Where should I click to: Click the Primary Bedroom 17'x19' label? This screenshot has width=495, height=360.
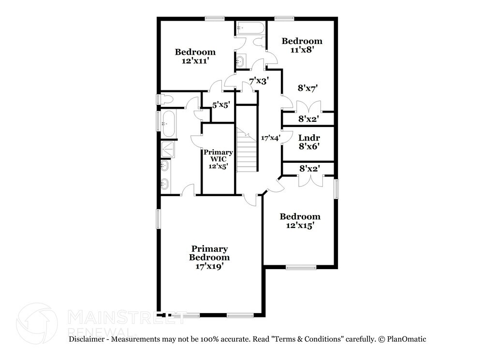coord(209,258)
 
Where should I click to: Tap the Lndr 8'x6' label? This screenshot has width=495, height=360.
coord(309,142)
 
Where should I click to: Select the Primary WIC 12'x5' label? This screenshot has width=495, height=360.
coord(218,159)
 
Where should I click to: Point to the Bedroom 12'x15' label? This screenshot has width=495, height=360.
coord(300,221)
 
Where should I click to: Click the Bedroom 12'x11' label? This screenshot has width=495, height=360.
coord(195,56)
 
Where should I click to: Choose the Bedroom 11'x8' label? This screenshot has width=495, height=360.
coord(302,45)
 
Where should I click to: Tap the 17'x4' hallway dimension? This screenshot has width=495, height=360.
coord(271,138)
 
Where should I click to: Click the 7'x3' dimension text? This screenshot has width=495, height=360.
coord(259,81)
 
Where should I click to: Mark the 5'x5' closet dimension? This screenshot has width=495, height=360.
coord(220,105)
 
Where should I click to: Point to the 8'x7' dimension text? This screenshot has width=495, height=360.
coord(307,88)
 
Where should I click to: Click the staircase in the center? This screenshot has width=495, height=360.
coord(247,149)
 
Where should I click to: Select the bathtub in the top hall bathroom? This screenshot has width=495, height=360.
coord(251,28)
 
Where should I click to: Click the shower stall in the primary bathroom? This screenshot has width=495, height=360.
coord(168,149)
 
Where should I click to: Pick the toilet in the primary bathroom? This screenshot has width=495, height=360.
coord(166,100)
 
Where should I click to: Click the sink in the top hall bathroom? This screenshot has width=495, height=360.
coord(241,61)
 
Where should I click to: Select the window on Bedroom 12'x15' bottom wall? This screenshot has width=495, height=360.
coord(301,268)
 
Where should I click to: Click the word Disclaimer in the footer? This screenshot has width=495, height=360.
coord(87,339)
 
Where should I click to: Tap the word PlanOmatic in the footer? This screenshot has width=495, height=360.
coord(407,339)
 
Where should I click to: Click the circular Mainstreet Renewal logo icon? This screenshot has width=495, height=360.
coord(37,322)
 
